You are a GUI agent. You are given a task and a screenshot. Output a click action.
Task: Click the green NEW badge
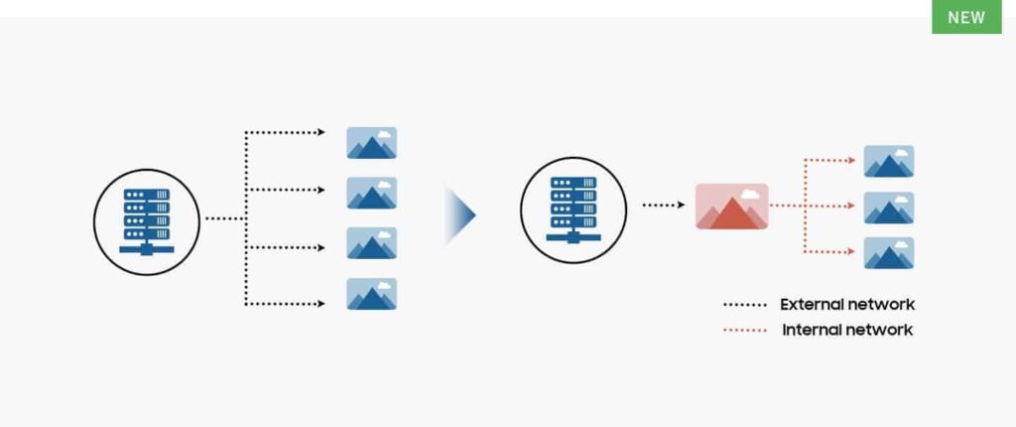(966, 17)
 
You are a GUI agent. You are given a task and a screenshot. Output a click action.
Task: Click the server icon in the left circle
(146, 219)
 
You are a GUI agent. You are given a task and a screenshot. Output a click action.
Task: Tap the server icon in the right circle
(572, 208)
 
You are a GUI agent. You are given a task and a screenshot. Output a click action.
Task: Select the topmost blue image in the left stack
(372, 143)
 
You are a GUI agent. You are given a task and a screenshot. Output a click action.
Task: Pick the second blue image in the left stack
(372, 193)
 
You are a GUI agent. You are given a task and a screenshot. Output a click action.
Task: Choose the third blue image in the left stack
(372, 243)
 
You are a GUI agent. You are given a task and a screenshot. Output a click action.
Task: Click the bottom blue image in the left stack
(372, 294)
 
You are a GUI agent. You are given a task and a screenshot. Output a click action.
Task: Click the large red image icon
(732, 207)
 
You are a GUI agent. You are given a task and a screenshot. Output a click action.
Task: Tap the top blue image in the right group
(889, 162)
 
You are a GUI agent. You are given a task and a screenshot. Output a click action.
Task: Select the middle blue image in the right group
(889, 208)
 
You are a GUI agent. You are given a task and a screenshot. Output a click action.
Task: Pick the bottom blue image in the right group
(889, 253)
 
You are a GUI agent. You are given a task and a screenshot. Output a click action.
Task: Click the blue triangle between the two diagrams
(460, 214)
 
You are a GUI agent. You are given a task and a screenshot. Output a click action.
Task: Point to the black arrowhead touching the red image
(681, 206)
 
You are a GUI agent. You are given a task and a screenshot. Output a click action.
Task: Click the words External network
(847, 304)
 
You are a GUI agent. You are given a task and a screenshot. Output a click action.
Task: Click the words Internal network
(847, 330)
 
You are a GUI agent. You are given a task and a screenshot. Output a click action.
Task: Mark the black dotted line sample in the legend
(745, 305)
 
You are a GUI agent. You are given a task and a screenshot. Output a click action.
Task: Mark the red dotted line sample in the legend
(745, 330)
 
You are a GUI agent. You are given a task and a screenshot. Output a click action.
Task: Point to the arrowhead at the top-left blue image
(321, 132)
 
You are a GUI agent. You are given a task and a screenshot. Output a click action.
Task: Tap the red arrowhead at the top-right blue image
(852, 160)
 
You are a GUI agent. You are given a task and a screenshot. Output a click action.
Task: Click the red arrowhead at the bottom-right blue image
(852, 251)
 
